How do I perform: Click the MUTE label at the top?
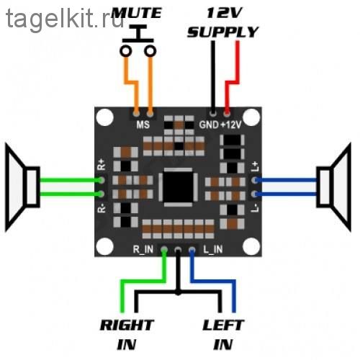tap(136, 13)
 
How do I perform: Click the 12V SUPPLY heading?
tap(222, 23)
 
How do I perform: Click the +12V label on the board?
tap(230, 125)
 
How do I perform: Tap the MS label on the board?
tap(143, 125)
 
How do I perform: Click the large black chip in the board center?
tap(178, 187)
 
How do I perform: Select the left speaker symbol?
tap(22, 187)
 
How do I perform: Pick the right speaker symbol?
tap(334, 187)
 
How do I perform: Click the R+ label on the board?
tap(102, 164)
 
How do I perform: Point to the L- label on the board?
tap(255, 208)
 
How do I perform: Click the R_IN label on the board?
tap(143, 250)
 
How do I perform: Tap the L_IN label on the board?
tap(213, 250)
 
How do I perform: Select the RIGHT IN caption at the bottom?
tap(127, 335)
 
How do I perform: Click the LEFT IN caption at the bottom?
tap(223, 335)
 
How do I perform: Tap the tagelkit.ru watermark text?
tap(65, 19)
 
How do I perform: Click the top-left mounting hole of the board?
tap(104, 117)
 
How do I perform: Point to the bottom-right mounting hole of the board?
tap(251, 246)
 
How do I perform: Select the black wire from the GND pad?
tap(213, 78)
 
